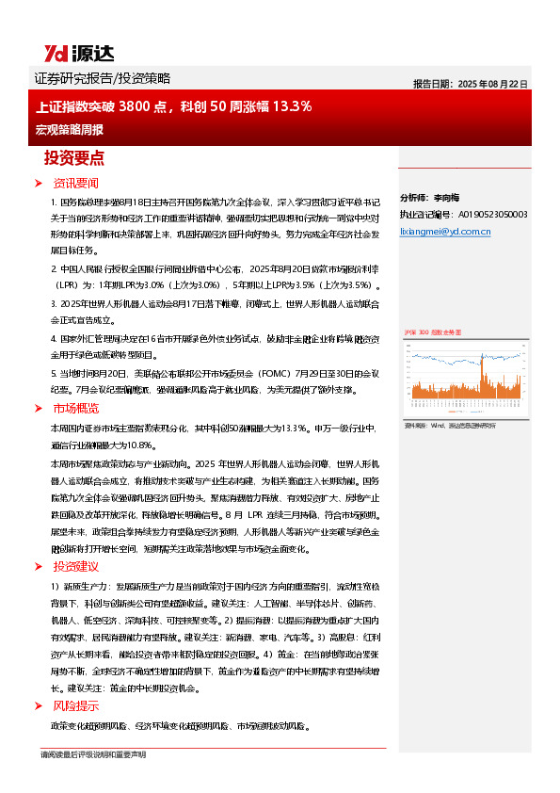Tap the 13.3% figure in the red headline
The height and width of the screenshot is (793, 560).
[x=291, y=106]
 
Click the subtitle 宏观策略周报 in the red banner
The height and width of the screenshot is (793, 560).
[x=69, y=128]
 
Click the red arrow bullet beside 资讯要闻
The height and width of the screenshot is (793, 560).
[x=38, y=183]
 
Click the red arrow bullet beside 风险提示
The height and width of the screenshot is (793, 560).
[x=38, y=704]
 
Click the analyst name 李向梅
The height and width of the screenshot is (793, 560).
[x=445, y=198]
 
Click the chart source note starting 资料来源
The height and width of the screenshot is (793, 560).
[x=449, y=427]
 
